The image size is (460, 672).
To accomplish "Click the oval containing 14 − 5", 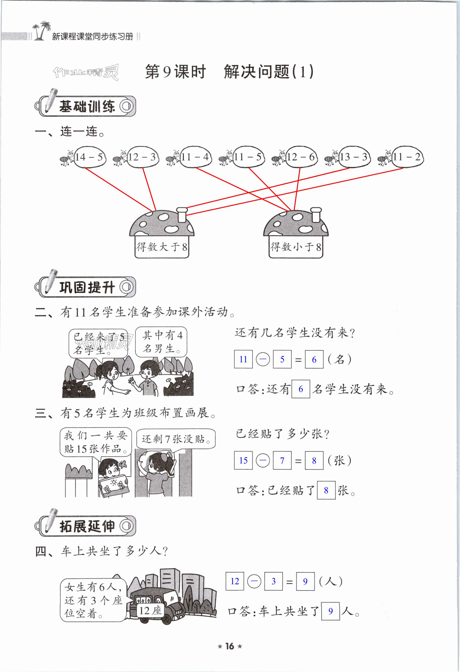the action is [90, 157].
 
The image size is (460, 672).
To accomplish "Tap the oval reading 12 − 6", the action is [301, 157].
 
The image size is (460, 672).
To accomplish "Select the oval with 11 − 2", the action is [407, 157].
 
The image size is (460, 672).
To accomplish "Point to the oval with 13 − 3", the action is [354, 157].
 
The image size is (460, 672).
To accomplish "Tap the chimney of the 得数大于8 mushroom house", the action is [182, 214].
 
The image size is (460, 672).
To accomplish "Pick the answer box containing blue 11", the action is [243, 359].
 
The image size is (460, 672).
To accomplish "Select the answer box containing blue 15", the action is [243, 460].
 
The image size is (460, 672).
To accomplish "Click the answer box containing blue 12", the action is [235, 581].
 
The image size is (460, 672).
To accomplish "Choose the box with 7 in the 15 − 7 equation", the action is [282, 460].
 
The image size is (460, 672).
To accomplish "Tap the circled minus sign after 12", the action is [254, 581].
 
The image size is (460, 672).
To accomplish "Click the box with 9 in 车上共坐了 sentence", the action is [330, 611].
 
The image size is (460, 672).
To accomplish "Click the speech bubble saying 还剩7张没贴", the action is [176, 439].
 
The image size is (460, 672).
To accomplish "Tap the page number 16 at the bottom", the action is [230, 646].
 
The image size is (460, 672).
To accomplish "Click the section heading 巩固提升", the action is [87, 287].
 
